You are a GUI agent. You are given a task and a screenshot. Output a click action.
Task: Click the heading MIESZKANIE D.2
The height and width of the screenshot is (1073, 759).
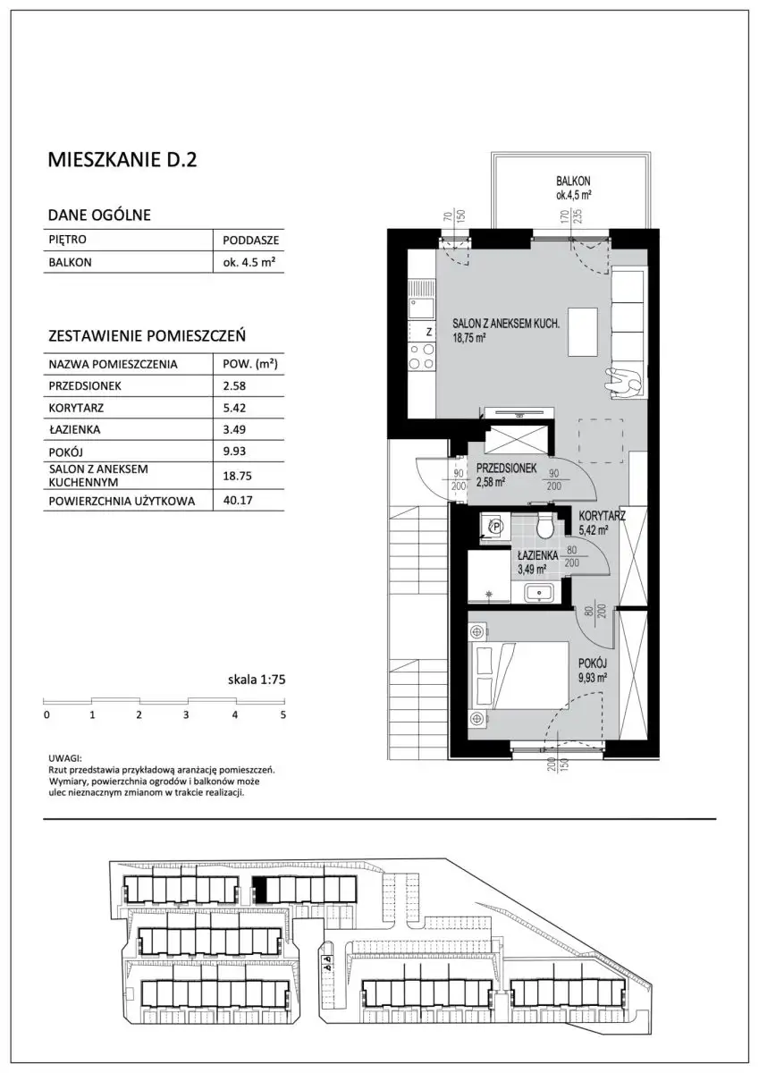tap(122, 160)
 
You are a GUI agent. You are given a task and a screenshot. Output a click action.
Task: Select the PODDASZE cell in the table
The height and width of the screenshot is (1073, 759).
tap(250, 240)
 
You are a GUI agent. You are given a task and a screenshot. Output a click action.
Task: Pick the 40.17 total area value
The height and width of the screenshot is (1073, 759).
tap(238, 501)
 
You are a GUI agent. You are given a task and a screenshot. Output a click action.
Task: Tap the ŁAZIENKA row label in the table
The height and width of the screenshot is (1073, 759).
tap(74, 429)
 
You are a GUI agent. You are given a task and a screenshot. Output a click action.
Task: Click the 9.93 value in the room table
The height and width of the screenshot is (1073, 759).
tap(234, 451)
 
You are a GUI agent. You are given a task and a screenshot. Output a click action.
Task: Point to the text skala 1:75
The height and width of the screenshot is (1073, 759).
tap(257, 680)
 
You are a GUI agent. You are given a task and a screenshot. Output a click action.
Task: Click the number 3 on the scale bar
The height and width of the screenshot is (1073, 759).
tap(186, 715)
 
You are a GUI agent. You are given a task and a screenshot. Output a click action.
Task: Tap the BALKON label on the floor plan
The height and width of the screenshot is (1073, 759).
tap(573, 182)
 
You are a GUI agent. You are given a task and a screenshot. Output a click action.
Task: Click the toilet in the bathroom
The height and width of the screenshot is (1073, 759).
tap(544, 527)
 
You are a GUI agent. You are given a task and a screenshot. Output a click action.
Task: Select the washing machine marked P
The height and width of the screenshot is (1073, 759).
tap(495, 528)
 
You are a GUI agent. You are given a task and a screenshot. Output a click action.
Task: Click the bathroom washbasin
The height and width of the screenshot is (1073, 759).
tap(540, 593)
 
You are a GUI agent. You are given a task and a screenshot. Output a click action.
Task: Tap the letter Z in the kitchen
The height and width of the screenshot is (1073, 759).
tap(429, 332)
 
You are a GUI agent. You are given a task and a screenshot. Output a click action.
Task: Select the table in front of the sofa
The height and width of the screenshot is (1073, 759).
tap(583, 333)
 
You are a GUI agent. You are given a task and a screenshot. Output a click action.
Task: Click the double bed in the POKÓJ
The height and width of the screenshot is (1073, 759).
tap(520, 675)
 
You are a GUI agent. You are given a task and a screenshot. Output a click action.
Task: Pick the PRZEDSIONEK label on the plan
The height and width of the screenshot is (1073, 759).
tap(507, 468)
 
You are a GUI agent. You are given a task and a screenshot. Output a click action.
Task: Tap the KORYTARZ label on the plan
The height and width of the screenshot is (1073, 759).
tap(602, 517)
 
